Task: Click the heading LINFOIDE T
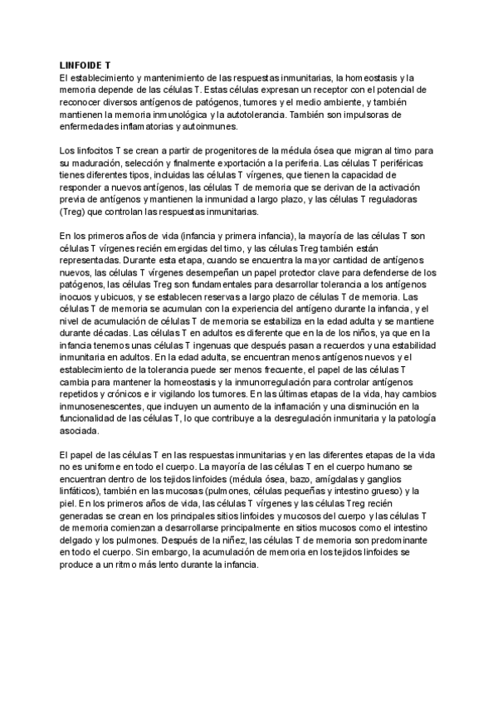(x=85, y=63)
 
